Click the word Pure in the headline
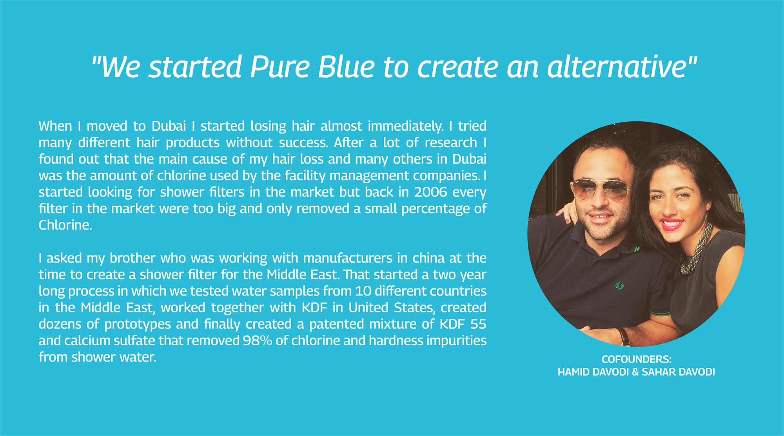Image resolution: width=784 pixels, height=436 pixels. (280, 67)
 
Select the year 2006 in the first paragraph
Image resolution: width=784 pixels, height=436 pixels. (431, 192)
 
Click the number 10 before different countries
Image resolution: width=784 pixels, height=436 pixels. (363, 291)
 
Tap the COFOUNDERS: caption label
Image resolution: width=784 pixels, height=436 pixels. (637, 359)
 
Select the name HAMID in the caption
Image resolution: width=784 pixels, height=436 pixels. (573, 372)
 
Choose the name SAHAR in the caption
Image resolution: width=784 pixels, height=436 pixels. (658, 372)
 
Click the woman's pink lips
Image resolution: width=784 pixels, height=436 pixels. (671, 224)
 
